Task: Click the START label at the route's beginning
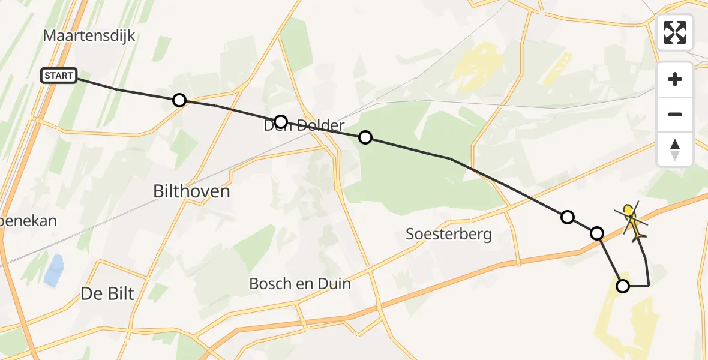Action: [59, 76]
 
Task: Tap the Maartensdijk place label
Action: [89, 35]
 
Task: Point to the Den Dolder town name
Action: [304, 126]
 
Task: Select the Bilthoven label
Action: [192, 191]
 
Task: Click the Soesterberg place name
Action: [448, 234]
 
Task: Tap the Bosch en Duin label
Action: [300, 283]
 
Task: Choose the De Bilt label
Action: [107, 293]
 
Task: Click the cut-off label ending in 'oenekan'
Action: [28, 221]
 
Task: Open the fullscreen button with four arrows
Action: [674, 32]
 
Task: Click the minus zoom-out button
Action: [674, 114]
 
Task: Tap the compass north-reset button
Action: [674, 149]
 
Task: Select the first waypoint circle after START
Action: [179, 100]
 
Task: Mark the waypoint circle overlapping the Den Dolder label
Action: [280, 121]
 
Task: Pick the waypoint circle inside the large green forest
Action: [365, 138]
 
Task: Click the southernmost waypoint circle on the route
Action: [623, 286]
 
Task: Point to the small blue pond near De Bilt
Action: [54, 269]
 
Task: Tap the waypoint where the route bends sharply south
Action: [597, 233]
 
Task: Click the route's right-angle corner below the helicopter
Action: [649, 286]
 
